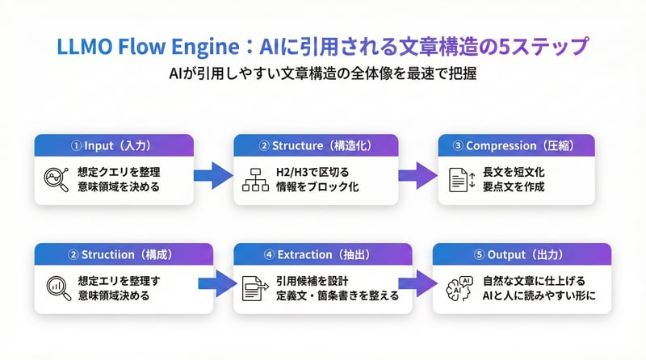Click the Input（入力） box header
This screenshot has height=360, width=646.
[x=114, y=146]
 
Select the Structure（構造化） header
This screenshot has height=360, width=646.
[x=316, y=146]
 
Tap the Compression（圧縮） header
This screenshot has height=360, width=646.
[x=517, y=146]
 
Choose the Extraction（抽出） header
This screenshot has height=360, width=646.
[x=316, y=254]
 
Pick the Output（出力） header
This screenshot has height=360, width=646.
[x=517, y=254]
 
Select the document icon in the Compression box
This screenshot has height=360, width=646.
[x=456, y=179]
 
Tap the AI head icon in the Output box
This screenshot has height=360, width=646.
[x=457, y=287]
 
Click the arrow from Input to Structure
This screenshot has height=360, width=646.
[x=213, y=174]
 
